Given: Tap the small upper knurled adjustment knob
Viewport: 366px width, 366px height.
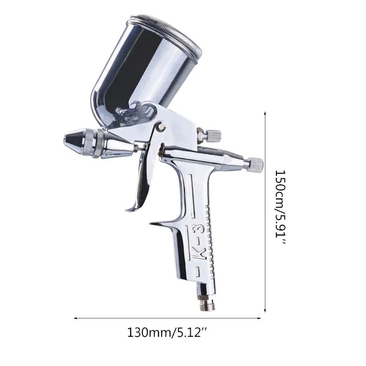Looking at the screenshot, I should point(213,135).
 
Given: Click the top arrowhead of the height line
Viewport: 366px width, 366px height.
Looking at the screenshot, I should point(266,113).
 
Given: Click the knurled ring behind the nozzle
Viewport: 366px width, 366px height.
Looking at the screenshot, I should point(97,142).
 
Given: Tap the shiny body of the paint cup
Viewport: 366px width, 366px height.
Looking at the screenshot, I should point(142,69).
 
